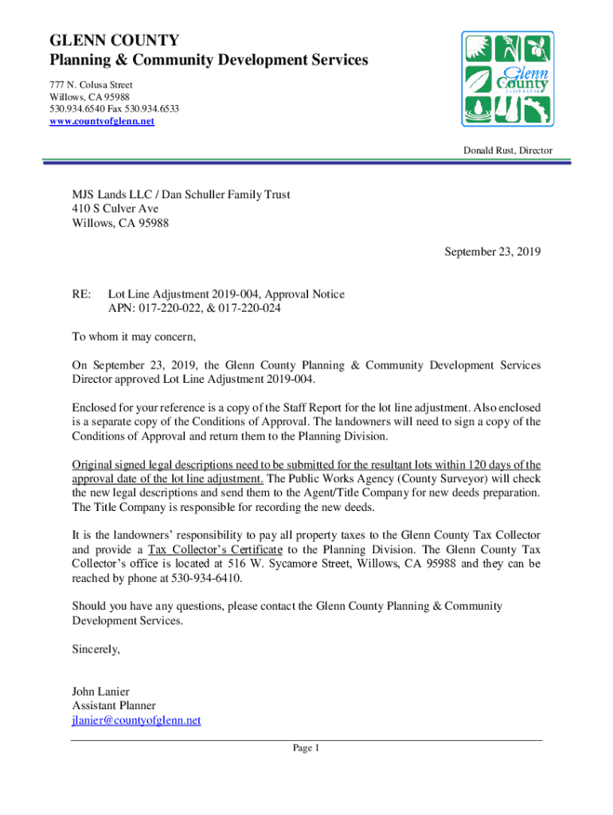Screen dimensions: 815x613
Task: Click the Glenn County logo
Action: [x=507, y=79]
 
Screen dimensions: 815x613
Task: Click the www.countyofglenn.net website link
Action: [x=101, y=121]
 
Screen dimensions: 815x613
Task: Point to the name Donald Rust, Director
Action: [x=509, y=150]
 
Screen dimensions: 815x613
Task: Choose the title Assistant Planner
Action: [x=114, y=705]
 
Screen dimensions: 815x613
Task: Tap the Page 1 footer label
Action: [x=306, y=748]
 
